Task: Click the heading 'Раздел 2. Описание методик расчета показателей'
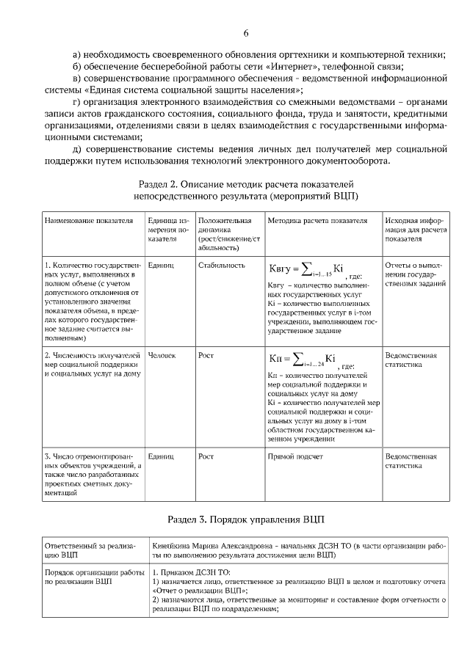point(246,183)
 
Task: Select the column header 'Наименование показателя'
point(89,221)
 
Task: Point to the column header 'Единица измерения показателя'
point(168,229)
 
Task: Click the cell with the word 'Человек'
point(162,356)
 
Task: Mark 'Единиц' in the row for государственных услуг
point(161,266)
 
